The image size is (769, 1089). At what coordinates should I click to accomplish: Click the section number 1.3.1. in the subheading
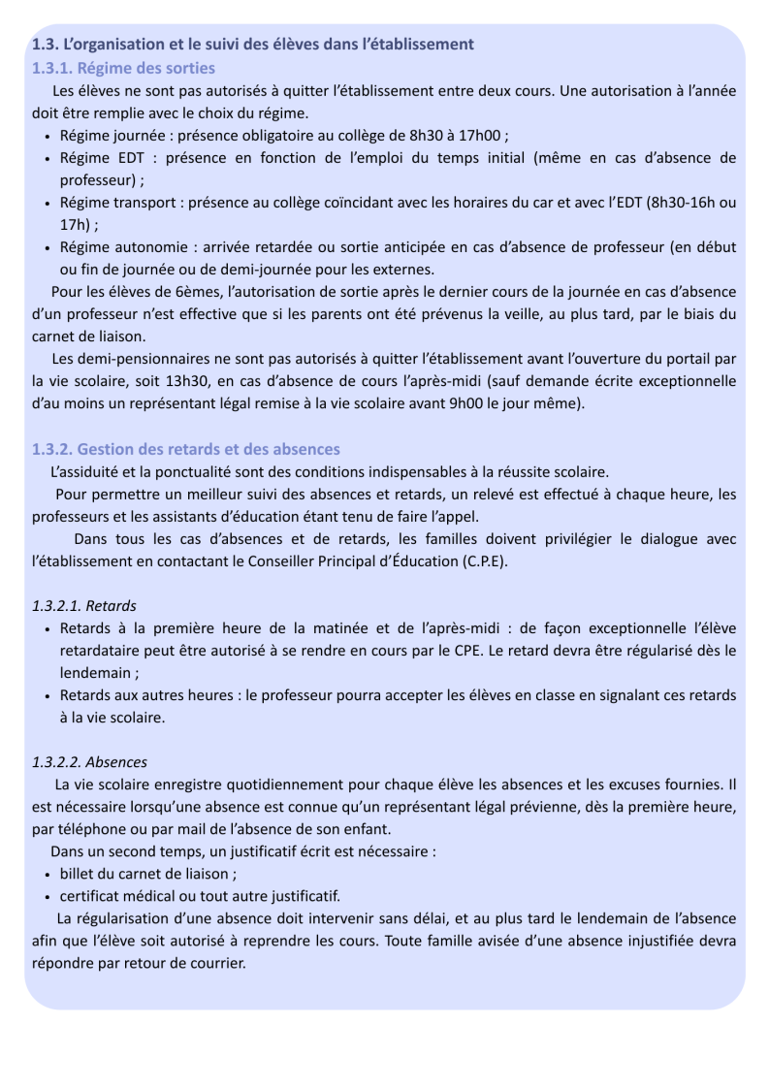(53, 68)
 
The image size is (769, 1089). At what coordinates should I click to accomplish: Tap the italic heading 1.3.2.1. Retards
(84, 605)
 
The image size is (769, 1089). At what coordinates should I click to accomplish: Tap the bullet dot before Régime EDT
(48, 158)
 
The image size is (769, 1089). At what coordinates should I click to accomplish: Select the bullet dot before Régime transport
(48, 203)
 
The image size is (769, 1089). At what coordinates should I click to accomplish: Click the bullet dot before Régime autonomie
(48, 247)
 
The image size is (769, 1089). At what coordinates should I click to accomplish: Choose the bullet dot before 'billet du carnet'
(48, 873)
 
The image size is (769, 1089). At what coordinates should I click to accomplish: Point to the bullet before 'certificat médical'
(48, 895)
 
